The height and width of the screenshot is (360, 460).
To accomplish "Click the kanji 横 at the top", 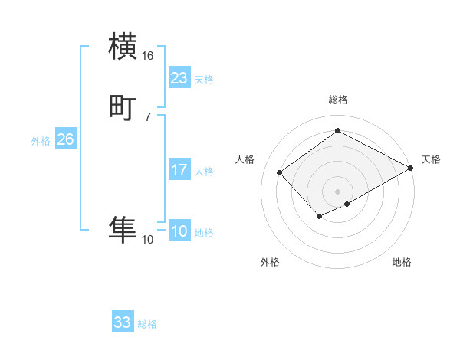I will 123,46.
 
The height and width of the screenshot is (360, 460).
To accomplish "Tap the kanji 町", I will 123,107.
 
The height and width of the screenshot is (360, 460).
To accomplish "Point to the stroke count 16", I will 148,56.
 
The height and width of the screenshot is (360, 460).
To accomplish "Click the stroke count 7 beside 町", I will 148,116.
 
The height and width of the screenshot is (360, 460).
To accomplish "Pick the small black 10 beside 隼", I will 148,240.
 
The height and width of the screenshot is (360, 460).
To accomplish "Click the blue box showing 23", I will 179,77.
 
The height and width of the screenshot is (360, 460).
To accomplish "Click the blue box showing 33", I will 123,322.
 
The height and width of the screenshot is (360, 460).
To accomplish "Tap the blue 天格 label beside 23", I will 204,80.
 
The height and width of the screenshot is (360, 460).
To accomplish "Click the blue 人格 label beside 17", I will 204,172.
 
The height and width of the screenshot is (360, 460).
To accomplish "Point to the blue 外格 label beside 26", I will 41,141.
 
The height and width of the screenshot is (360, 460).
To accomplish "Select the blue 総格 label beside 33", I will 147,325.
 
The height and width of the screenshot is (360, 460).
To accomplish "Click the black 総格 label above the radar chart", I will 338,100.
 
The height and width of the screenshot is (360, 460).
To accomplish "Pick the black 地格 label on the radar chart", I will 402,262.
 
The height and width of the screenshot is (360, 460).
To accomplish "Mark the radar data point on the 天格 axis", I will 411,169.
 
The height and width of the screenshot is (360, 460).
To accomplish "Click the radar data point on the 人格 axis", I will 281,173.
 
